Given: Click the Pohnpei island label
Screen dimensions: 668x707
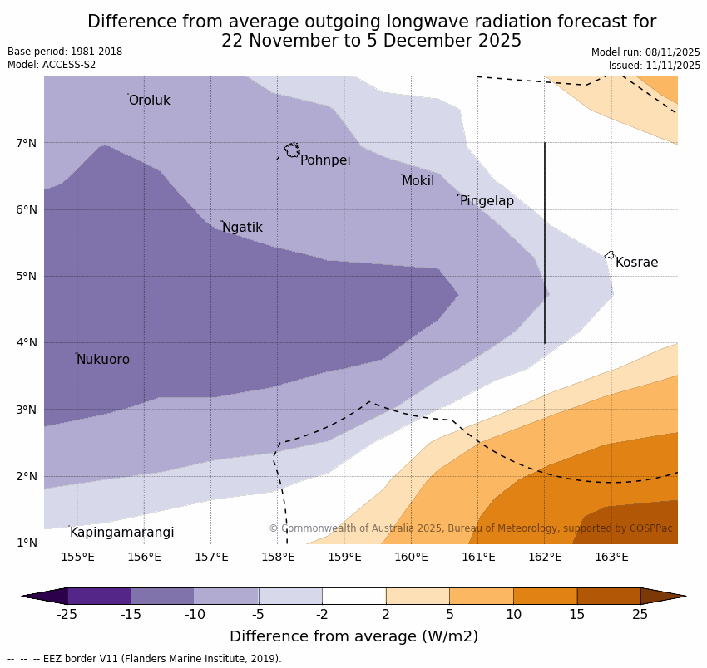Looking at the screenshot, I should [x=325, y=160].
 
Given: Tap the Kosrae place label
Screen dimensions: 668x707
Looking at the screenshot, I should [x=636, y=263].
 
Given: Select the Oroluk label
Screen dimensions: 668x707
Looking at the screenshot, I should [x=149, y=101].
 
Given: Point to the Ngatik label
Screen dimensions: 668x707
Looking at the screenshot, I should [x=242, y=228].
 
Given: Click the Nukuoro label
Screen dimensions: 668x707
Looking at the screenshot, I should [x=103, y=360].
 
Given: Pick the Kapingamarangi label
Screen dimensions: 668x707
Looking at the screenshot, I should [x=121, y=533].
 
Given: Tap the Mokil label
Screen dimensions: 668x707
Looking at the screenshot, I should [x=418, y=181].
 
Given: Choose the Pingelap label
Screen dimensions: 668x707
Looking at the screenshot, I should [x=487, y=201].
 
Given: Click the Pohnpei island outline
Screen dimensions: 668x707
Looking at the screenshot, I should [x=292, y=150].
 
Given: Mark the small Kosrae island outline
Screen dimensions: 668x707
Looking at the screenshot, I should [x=610, y=255].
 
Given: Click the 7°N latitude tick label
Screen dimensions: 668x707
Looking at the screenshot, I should [x=27, y=143].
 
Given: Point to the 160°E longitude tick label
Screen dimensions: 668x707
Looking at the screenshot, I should [x=411, y=557].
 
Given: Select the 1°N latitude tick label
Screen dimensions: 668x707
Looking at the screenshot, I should [x=27, y=543].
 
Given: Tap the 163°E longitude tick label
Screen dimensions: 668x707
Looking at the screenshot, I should [x=611, y=557].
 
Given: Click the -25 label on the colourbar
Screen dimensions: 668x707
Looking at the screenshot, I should [x=67, y=615].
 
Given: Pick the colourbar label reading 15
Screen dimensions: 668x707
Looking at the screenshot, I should [x=577, y=615].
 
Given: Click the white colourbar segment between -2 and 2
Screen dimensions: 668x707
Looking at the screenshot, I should [x=353, y=596].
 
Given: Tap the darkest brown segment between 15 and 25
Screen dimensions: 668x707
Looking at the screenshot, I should [x=609, y=596].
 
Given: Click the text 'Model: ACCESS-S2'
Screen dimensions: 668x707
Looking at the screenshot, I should [x=52, y=65].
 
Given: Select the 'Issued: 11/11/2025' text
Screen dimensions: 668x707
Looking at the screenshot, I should [x=654, y=65].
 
